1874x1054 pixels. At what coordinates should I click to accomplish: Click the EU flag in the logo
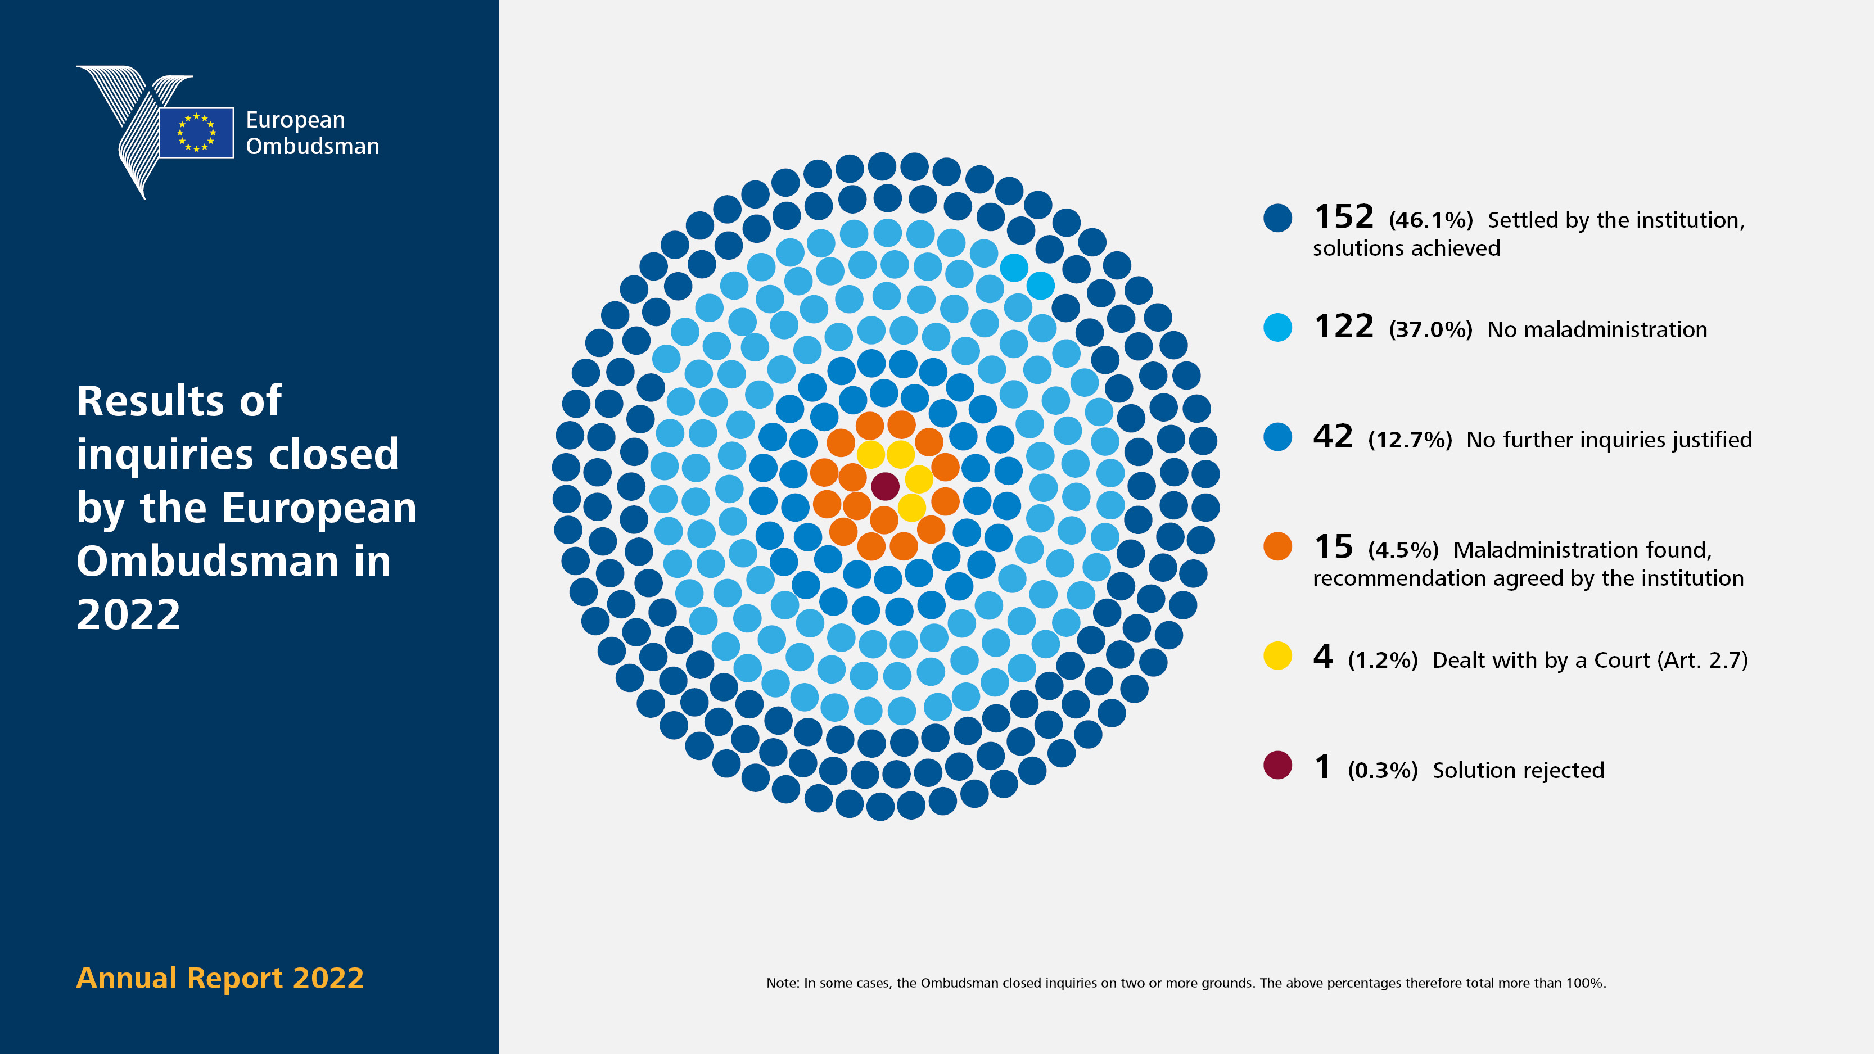pyautogui.click(x=196, y=133)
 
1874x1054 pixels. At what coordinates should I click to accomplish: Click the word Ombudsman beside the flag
pyautogui.click(x=312, y=146)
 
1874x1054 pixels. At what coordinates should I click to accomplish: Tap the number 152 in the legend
pyautogui.click(x=1344, y=217)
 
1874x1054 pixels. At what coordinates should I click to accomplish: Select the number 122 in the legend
pyautogui.click(x=1344, y=327)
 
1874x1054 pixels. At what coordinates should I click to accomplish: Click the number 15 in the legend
pyautogui.click(x=1333, y=546)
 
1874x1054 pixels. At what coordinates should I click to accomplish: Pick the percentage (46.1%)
pyautogui.click(x=1430, y=220)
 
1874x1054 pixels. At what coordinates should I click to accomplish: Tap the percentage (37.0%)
pyautogui.click(x=1430, y=329)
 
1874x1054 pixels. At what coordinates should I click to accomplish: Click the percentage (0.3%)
pyautogui.click(x=1382, y=770)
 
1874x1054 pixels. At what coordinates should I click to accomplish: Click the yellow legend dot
pyautogui.click(x=1277, y=656)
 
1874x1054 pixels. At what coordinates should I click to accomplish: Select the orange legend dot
pyautogui.click(x=1277, y=546)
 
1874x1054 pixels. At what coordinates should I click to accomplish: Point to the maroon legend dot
pyautogui.click(x=1277, y=765)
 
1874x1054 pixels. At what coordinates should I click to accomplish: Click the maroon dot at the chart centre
pyautogui.click(x=884, y=486)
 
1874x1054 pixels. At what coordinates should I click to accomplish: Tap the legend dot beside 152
pyautogui.click(x=1277, y=218)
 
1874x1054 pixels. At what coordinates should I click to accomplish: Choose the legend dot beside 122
pyautogui.click(x=1277, y=327)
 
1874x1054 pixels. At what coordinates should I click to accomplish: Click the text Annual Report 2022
pyautogui.click(x=220, y=978)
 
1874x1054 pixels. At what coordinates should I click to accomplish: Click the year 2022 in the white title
pyautogui.click(x=129, y=614)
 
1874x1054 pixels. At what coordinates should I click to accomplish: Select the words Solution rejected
pyautogui.click(x=1518, y=770)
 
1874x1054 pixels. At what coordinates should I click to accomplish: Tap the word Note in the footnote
pyautogui.click(x=782, y=983)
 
